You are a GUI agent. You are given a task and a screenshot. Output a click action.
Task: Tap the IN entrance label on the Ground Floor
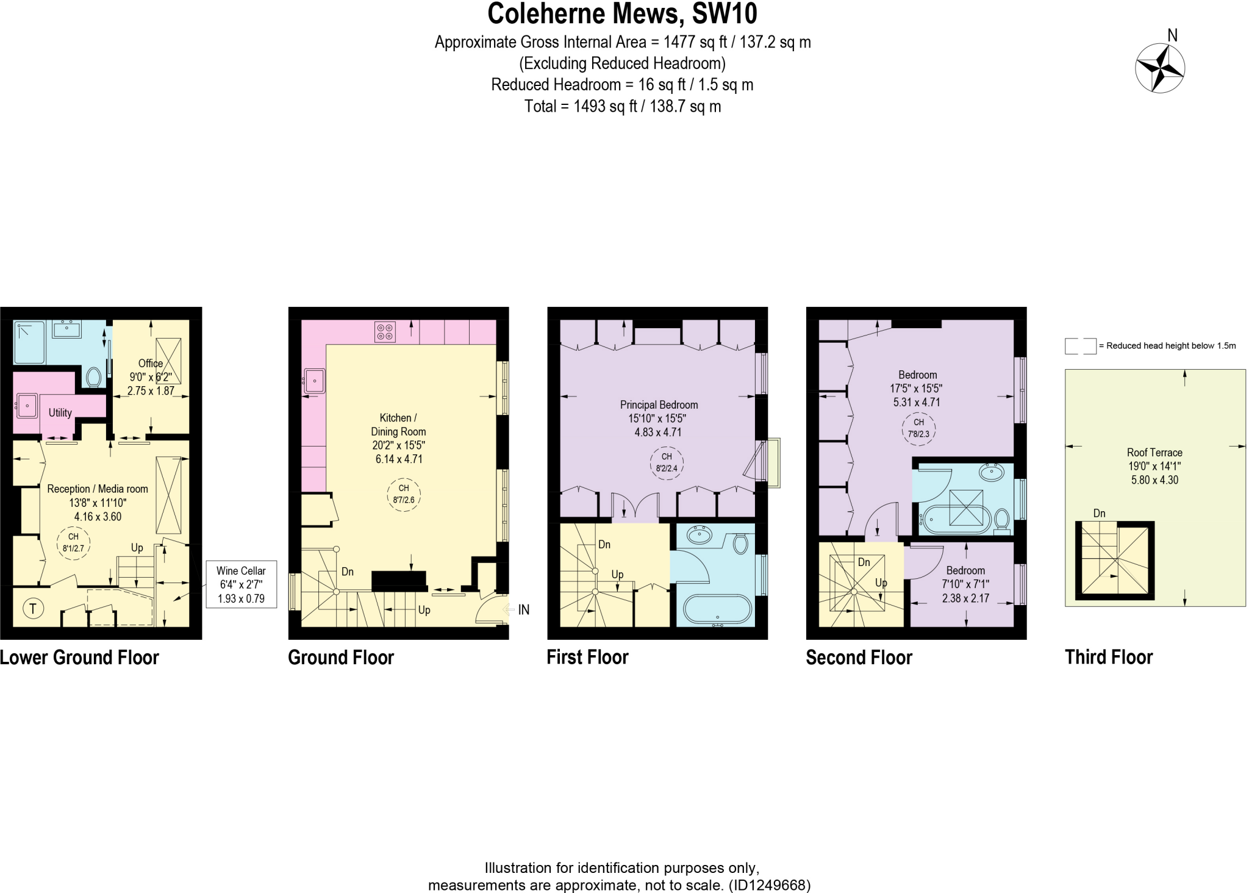click(523, 609)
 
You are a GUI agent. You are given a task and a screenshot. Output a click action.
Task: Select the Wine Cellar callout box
click(241, 584)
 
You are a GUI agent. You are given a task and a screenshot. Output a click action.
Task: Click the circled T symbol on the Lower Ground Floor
click(33, 608)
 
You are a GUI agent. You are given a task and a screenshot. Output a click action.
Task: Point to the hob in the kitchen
click(385, 332)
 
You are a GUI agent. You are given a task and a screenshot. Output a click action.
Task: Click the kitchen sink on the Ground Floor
click(314, 381)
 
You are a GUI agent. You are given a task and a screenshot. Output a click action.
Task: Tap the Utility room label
click(60, 413)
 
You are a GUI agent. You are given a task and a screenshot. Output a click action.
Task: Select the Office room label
click(150, 364)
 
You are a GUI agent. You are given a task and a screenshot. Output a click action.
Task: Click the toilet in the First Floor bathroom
click(740, 543)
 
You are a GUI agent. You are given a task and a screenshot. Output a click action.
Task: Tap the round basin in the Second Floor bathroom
click(992, 472)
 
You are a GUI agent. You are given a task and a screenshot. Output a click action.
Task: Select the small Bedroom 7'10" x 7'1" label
click(965, 584)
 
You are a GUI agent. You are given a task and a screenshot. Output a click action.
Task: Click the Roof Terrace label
click(1154, 466)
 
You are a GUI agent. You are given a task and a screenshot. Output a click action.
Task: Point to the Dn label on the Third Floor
click(1099, 514)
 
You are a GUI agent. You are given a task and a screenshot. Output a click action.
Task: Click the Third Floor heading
click(1108, 657)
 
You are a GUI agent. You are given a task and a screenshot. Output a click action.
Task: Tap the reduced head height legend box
click(1080, 346)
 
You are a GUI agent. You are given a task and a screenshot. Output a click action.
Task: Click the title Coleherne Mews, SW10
click(622, 13)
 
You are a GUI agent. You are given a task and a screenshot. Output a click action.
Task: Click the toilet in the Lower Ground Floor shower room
click(93, 377)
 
